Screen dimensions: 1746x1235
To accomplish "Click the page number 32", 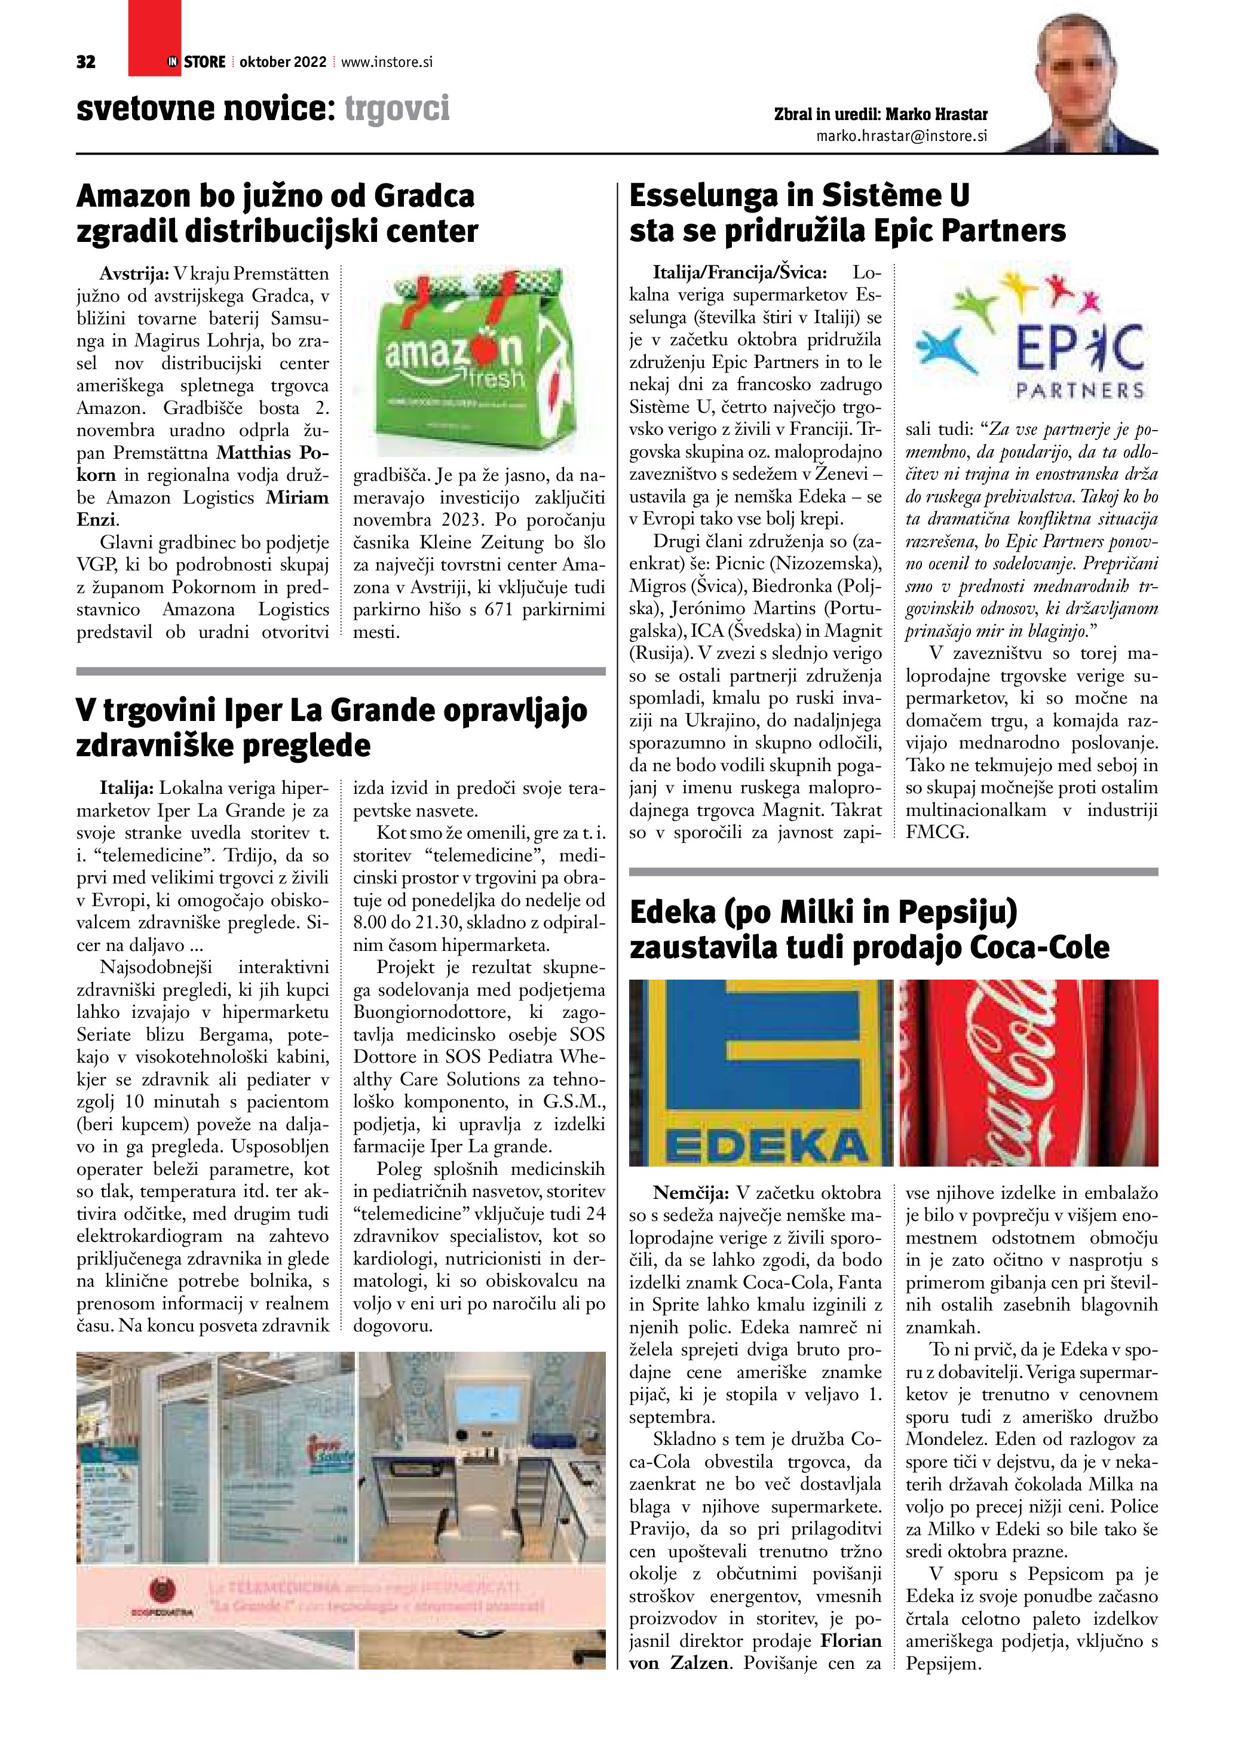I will tap(86, 62).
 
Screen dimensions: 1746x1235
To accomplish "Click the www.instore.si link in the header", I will tap(387, 62).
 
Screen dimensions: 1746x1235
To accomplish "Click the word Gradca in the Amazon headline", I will tap(421, 196).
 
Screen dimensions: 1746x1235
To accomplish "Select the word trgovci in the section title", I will tap(397, 108).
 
